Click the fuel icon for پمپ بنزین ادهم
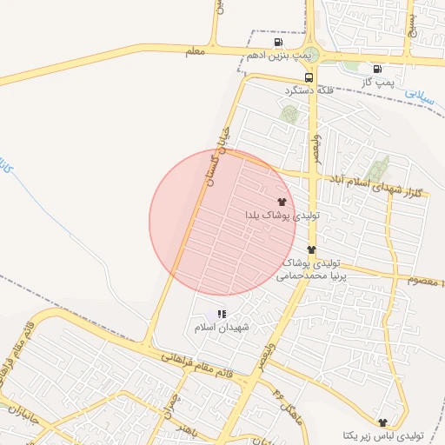point(277,42)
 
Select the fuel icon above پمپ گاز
point(376,70)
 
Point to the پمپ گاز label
point(379,82)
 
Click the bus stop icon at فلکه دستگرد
point(309,76)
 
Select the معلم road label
point(196,52)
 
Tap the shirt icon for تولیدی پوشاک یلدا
point(281,201)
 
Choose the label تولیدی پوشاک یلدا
point(283,214)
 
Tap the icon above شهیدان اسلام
point(222,314)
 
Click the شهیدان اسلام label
point(222,328)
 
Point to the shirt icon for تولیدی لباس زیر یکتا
point(383,421)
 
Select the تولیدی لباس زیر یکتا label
point(382,435)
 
